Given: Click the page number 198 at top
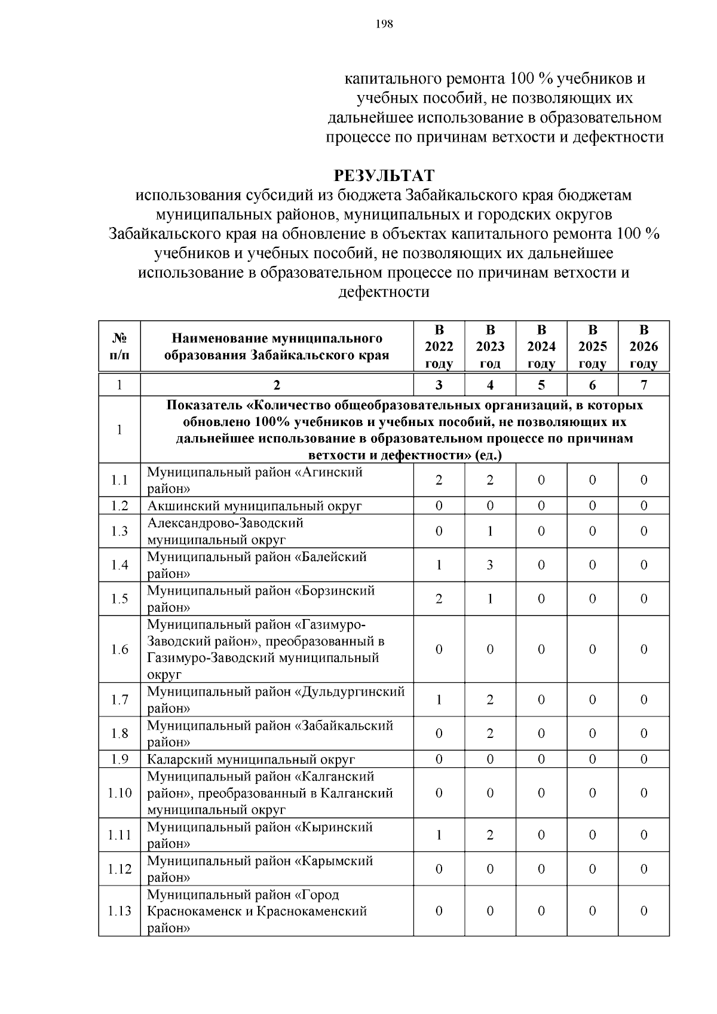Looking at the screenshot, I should [384, 24].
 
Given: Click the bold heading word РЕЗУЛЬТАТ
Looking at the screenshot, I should [384, 176].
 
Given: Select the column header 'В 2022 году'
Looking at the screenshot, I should [439, 347].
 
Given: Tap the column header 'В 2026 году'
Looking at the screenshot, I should [644, 347].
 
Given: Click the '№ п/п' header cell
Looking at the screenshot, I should [119, 347].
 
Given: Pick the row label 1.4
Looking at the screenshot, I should [119, 565].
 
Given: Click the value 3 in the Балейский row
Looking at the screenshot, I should [490, 565].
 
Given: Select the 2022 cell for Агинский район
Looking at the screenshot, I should [439, 480].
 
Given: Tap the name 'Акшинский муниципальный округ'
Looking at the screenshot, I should [255, 506].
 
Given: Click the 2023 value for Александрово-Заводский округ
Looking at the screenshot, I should [490, 531].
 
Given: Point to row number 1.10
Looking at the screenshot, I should [119, 794].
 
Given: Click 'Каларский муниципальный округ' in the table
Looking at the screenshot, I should [252, 759].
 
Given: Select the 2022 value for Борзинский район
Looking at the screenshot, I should [439, 599].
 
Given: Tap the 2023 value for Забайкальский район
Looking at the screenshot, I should [490, 734].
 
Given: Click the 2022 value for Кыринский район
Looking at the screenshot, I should [439, 835].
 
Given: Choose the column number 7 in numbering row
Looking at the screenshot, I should [644, 385].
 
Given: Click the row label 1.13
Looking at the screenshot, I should [119, 911].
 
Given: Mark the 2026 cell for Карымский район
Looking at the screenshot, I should [644, 869].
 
